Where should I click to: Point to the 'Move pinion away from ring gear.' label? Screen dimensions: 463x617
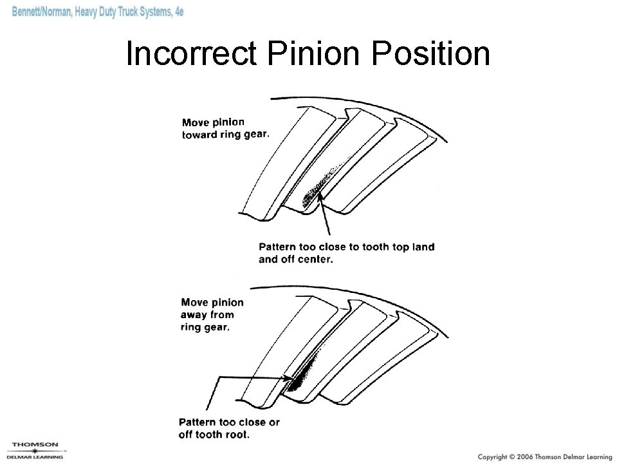pyautogui.click(x=212, y=314)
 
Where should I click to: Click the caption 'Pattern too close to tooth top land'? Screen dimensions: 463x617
pyautogui.click(x=346, y=247)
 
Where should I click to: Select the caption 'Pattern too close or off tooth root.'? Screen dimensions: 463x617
pyautogui.click(x=229, y=428)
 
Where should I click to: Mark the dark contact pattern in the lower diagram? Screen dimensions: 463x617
pyautogui.click(x=300, y=374)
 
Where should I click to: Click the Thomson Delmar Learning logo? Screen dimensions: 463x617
pyautogui.click(x=35, y=449)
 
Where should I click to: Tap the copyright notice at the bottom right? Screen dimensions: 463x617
pyautogui.click(x=544, y=455)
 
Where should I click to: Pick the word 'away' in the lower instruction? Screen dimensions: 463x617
pyautogui.click(x=196, y=315)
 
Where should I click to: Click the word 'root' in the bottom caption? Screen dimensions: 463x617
pyautogui.click(x=236, y=435)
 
